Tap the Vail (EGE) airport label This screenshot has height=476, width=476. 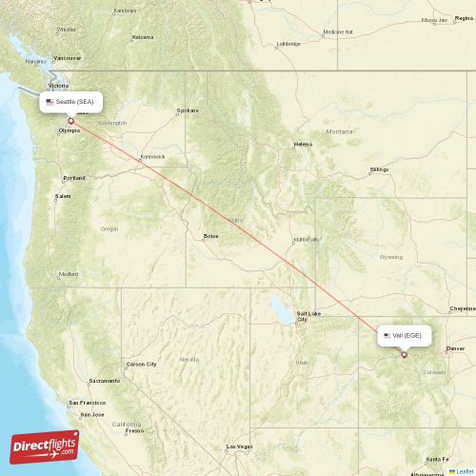click(407, 335)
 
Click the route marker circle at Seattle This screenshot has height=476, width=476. click(70, 121)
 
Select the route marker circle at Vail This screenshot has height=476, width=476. click(404, 355)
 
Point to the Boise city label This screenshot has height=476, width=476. click(210, 236)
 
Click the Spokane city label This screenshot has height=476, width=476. click(188, 110)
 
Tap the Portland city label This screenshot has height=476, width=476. click(73, 178)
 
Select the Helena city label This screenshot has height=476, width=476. click(303, 145)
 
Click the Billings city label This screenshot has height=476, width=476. click(379, 169)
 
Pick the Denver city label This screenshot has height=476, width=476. click(456, 348)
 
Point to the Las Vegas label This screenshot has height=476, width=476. click(238, 446)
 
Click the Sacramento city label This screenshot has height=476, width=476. click(105, 381)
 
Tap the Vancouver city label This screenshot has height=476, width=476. click(68, 58)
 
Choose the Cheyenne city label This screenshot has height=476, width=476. click(463, 308)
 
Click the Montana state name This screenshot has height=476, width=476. click(339, 131)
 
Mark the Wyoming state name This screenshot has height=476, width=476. click(390, 257)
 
